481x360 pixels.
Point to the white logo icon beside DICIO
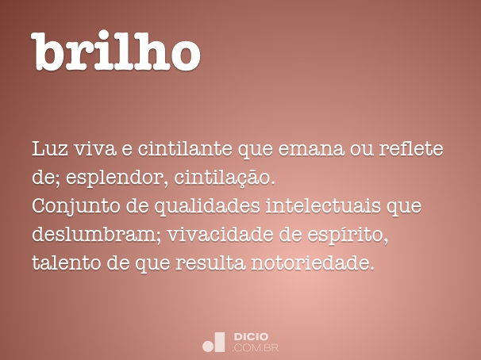tap(214, 341)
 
